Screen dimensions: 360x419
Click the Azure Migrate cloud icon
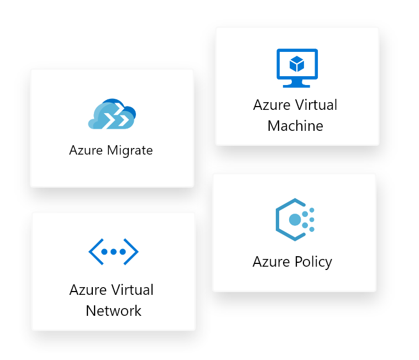(x=112, y=115)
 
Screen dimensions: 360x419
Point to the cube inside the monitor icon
(x=297, y=64)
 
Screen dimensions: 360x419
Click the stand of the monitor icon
(x=297, y=83)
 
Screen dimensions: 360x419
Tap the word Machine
(x=295, y=126)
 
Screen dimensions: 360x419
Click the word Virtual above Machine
(x=316, y=105)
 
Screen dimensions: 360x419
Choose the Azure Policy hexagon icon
(x=293, y=220)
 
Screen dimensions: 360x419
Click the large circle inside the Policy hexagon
(x=295, y=220)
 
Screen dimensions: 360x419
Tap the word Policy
(x=313, y=262)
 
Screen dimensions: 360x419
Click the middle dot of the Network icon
(x=113, y=252)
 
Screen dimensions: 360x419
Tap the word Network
(x=113, y=311)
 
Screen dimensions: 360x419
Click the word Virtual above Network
(x=133, y=290)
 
